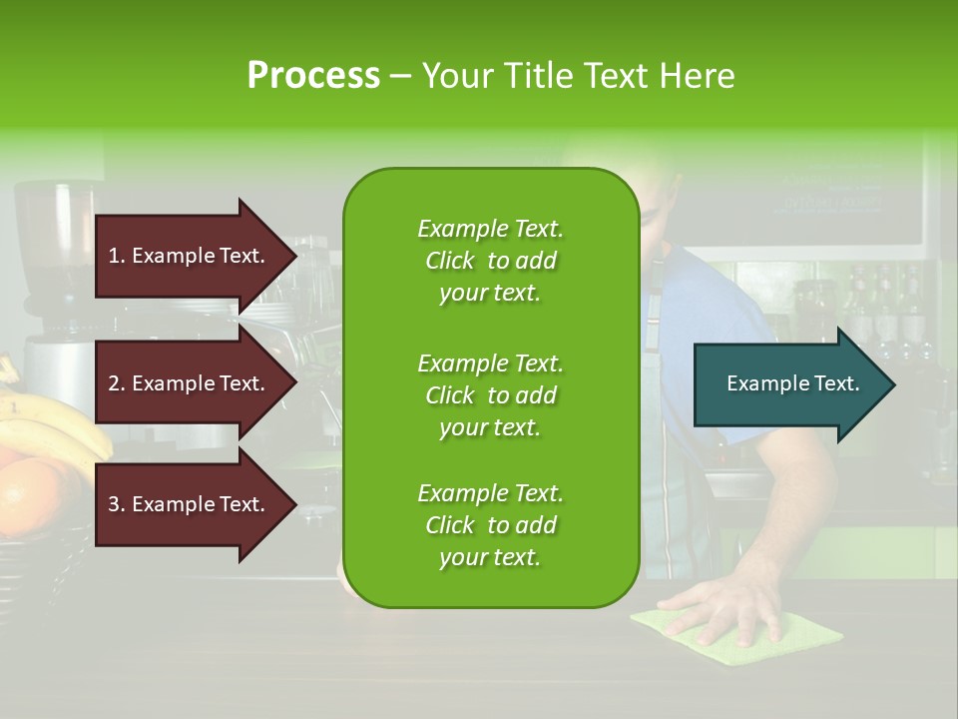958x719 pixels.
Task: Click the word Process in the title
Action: click(312, 75)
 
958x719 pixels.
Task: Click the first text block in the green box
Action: click(490, 261)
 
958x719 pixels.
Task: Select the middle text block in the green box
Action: click(490, 394)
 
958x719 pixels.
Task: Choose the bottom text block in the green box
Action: click(490, 525)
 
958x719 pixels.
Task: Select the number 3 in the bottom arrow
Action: click(113, 504)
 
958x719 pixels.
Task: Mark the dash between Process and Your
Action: click(400, 76)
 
